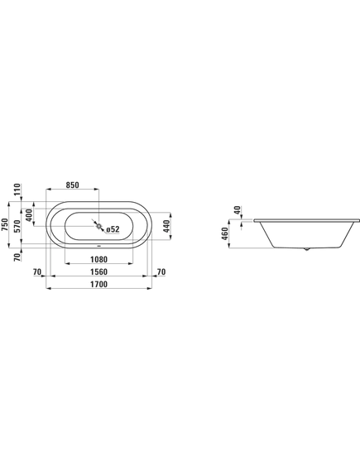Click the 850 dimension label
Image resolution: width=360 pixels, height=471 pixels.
(72, 185)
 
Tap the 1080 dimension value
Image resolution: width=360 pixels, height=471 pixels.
(98, 259)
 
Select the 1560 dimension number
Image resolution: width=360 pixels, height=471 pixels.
(98, 272)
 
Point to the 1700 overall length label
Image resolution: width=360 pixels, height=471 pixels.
(98, 284)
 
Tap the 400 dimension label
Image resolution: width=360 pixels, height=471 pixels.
(29, 215)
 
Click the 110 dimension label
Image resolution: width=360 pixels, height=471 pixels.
(17, 190)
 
